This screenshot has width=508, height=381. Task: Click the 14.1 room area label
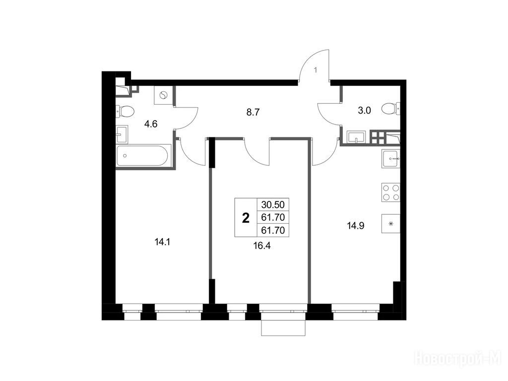click(x=163, y=242)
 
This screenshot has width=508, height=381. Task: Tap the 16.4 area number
click(x=262, y=246)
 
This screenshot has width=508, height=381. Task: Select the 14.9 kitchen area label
click(x=355, y=226)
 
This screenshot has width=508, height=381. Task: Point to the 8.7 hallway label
click(x=253, y=113)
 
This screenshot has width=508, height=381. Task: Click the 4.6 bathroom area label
click(x=151, y=124)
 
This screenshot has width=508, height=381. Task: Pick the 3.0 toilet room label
click(x=364, y=111)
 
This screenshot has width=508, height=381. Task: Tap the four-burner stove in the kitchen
click(x=391, y=192)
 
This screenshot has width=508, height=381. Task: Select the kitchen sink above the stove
click(x=391, y=159)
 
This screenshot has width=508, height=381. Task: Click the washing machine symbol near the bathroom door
click(x=164, y=95)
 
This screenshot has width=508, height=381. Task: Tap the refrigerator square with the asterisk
click(x=391, y=224)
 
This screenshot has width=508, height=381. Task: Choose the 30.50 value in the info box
click(x=273, y=205)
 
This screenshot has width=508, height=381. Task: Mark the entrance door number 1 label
click(x=316, y=69)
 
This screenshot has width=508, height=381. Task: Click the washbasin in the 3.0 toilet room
click(x=356, y=137)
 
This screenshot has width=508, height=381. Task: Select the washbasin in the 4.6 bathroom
click(x=122, y=134)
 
